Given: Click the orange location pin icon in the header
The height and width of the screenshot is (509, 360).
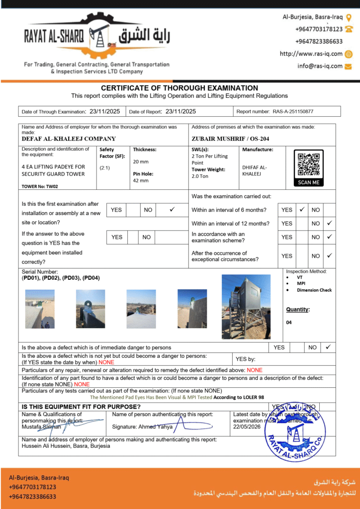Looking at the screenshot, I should (x=349, y=17).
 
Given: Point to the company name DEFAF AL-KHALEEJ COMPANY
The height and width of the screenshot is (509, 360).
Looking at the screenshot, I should (x=69, y=139).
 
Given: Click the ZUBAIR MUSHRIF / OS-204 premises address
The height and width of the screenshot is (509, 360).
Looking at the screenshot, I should (x=223, y=139).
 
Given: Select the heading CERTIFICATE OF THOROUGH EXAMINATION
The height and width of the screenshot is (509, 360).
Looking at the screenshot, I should (x=180, y=88).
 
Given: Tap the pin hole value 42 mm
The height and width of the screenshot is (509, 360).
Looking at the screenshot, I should (x=141, y=180).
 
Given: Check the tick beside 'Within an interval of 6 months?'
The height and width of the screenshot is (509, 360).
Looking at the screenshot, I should (x=301, y=210).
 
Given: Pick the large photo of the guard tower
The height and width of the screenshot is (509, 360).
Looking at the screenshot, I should (x=246, y=307).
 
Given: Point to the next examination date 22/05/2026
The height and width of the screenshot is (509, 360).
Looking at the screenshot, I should (x=247, y=427).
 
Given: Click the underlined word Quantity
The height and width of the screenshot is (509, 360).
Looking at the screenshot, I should (x=297, y=310).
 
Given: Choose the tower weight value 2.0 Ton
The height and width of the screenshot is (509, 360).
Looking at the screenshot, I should (x=201, y=176).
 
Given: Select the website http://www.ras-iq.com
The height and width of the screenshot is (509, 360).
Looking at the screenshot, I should (x=311, y=54).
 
